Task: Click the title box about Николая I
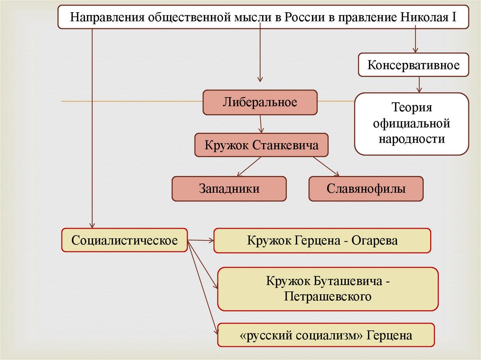(x=263, y=17)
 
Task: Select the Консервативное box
(x=413, y=65)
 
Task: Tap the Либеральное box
(x=260, y=102)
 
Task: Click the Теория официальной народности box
(x=411, y=124)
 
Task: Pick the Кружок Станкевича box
(x=261, y=146)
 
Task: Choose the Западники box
(x=229, y=189)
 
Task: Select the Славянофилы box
(x=366, y=189)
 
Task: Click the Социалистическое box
(x=124, y=240)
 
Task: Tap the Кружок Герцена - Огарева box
(x=322, y=240)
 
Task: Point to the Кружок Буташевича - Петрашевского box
(x=328, y=289)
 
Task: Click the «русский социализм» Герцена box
(x=326, y=335)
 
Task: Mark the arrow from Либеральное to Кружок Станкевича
(x=261, y=124)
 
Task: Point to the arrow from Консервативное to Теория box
(x=419, y=84)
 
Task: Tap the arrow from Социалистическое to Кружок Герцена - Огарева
(x=201, y=240)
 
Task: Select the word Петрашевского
(x=328, y=297)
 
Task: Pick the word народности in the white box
(x=411, y=139)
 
